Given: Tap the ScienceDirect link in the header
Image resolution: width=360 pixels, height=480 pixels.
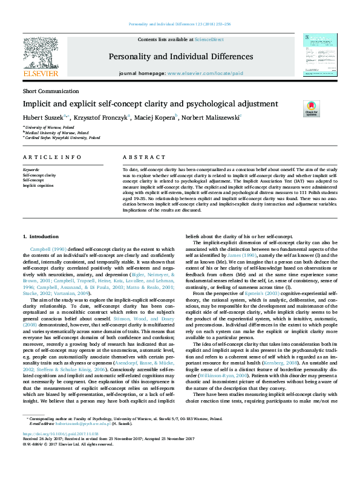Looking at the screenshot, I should [x=209, y=39].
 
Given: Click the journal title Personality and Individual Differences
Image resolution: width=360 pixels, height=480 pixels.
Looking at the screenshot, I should [x=180, y=57].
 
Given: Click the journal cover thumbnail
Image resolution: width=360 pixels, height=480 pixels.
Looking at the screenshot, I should [x=315, y=55].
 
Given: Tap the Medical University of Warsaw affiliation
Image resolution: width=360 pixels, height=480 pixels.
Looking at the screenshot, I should [x=53, y=132].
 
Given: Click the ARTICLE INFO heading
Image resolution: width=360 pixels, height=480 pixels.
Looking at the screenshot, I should [x=51, y=157].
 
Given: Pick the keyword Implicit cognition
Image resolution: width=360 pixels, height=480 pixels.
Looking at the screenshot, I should [x=38, y=186].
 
